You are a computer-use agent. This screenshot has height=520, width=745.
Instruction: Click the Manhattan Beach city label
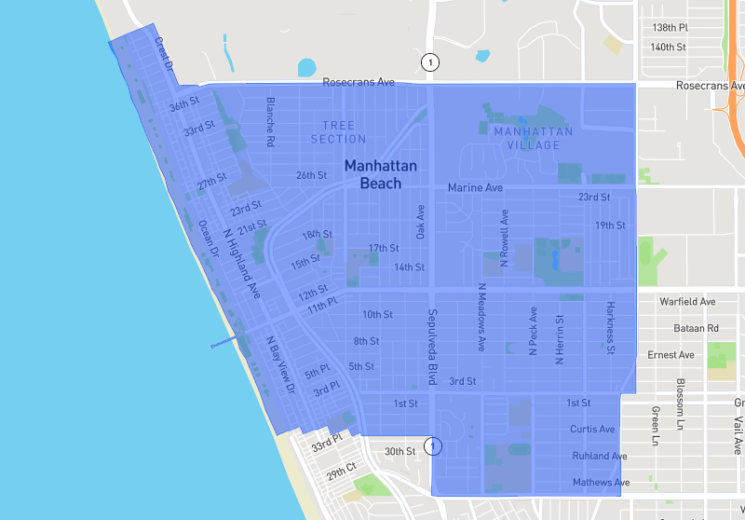(380, 174)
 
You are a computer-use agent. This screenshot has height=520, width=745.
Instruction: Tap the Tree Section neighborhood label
(339, 132)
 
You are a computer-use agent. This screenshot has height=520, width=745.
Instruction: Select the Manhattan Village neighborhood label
(534, 138)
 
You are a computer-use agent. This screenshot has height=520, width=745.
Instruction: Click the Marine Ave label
(475, 188)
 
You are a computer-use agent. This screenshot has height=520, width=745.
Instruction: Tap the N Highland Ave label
(241, 263)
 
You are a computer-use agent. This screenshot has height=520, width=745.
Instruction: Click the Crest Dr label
(165, 54)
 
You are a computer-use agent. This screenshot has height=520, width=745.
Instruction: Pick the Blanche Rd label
(271, 123)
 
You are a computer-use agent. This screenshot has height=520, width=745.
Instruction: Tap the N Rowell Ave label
(505, 239)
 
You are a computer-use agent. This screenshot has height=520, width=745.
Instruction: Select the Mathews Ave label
(601, 483)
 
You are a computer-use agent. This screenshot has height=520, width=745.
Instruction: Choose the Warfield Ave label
(687, 302)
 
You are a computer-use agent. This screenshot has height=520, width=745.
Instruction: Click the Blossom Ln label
(681, 398)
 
